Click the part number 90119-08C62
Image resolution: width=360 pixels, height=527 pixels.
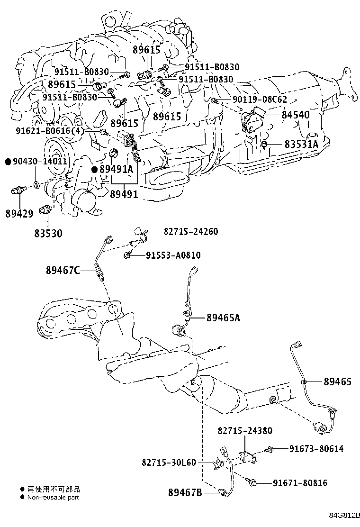tap(260, 100)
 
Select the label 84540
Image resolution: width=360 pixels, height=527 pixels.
tap(296, 115)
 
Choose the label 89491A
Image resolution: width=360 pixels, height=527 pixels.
tap(116, 169)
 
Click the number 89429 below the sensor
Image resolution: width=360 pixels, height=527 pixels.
tap(20, 213)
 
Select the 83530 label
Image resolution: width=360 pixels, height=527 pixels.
tap(48, 233)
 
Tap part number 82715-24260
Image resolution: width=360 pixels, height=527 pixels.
tap(191, 232)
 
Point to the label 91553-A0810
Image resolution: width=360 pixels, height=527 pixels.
tap(173, 255)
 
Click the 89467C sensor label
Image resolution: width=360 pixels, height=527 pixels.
tap(63, 270)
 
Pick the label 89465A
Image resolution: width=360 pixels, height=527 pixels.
tap(223, 318)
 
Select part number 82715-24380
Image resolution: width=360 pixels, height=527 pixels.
tap(245, 431)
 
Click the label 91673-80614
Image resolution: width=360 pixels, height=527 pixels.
tap(316, 449)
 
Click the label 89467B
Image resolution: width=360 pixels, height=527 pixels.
tap(185, 493)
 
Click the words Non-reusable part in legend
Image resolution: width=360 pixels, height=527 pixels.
tap(53, 497)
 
